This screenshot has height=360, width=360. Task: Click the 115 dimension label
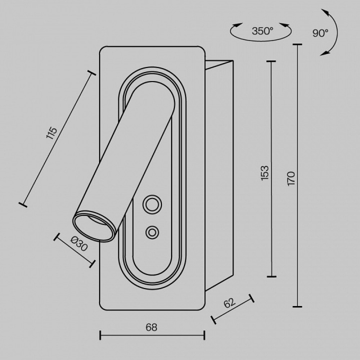pos(51,133)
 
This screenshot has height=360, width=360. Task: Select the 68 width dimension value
pos(152,327)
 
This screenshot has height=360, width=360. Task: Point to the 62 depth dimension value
pos(229,303)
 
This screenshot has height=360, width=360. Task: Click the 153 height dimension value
pos(265,173)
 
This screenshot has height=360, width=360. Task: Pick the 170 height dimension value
pos(291,179)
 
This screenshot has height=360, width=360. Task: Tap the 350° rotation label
pos(262,31)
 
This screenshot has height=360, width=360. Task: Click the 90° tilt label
pos(320,33)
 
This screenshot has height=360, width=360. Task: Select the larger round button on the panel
pos(152,204)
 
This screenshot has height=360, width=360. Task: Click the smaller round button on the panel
pos(152,232)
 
